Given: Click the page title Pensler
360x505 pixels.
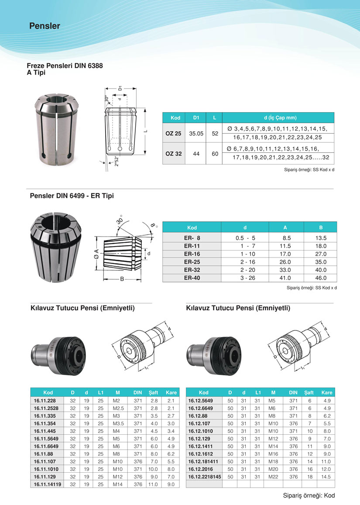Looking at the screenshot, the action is click(x=45, y=26).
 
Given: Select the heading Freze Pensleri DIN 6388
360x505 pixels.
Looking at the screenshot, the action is click(x=65, y=66).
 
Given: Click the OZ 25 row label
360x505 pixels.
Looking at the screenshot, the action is click(x=173, y=133).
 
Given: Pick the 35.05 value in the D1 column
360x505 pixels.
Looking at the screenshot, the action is click(x=196, y=133).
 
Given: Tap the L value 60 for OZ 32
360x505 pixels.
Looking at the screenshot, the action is click(x=215, y=154).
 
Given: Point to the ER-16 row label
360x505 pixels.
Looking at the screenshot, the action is click(x=192, y=254).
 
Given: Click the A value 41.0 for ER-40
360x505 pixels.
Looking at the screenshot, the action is click(x=285, y=278).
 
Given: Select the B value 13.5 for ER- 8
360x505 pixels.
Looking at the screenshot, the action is click(x=321, y=238).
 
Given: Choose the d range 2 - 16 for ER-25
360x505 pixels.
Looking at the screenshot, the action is click(x=247, y=262).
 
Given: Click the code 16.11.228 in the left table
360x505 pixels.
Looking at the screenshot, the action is click(x=45, y=401).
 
